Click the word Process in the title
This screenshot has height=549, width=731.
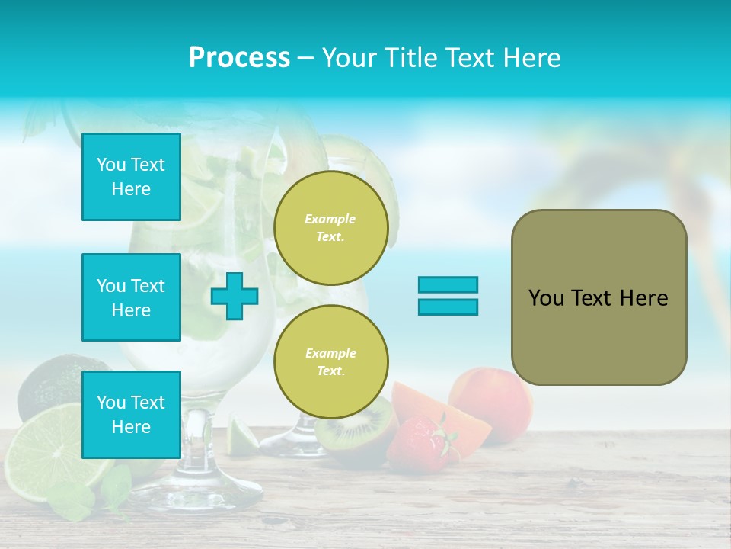239,58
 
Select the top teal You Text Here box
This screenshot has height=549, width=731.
131,177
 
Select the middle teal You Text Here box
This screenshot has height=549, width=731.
131,297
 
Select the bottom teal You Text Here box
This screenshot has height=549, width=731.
131,414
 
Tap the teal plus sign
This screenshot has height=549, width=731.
235,296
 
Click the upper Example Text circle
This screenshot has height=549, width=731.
331,228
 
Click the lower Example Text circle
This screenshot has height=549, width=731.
331,361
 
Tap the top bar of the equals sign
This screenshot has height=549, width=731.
448,284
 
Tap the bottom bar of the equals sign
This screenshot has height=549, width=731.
448,307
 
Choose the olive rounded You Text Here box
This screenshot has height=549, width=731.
599,297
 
